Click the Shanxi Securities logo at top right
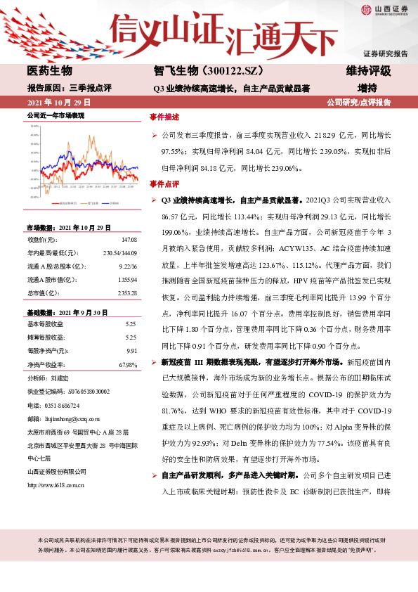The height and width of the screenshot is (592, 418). click(x=386, y=9)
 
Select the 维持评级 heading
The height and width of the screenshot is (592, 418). click(x=368, y=71)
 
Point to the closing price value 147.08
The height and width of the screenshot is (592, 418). click(x=129, y=240)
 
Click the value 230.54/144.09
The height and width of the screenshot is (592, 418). click(x=120, y=252)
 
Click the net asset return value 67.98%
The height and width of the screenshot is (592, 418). click(x=128, y=364)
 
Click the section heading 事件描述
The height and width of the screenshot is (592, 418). click(x=164, y=117)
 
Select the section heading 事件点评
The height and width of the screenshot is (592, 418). click(x=164, y=184)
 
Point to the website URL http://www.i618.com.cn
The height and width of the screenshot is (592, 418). click(x=55, y=465)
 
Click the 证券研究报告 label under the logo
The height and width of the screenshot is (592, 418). click(x=385, y=53)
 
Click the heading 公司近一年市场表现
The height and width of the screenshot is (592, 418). click(x=55, y=115)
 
